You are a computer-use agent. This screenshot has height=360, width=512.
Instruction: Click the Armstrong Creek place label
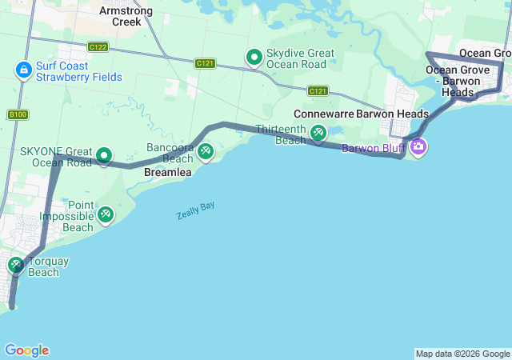(120, 16)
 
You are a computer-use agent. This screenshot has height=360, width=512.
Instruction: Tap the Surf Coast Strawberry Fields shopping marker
(24, 71)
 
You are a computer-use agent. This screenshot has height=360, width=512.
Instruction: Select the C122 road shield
(98, 47)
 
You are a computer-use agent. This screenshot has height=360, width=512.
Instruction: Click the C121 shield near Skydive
(206, 63)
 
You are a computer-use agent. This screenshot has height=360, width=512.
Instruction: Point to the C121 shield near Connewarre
(318, 91)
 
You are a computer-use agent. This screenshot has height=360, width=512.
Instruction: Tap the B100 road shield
(18, 115)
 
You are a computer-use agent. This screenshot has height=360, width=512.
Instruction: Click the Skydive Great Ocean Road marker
(254, 57)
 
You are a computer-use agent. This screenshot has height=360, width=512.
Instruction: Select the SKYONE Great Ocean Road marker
(104, 155)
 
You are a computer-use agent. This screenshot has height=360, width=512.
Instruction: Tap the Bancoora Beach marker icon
(206, 150)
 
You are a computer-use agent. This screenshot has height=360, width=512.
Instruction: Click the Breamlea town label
(166, 172)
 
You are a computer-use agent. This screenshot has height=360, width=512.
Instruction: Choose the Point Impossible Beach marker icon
(106, 214)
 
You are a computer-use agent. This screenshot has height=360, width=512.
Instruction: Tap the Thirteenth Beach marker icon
(318, 132)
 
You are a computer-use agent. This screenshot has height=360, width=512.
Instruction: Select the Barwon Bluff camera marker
(418, 147)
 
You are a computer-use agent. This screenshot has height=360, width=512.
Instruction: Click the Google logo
(26, 350)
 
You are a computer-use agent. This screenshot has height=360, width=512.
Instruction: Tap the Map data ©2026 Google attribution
(462, 354)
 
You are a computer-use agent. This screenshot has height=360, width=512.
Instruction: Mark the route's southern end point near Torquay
(11, 305)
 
